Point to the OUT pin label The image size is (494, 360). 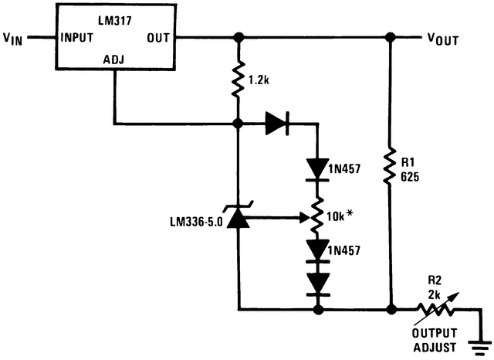[159, 37]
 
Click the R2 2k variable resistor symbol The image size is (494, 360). [437, 309]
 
